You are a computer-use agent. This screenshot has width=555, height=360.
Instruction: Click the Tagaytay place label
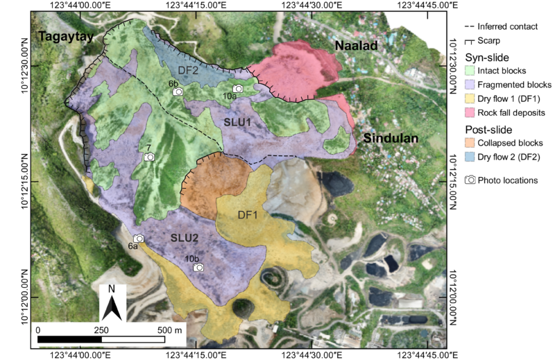[65, 37]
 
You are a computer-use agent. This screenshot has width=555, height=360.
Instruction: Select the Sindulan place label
[391, 138]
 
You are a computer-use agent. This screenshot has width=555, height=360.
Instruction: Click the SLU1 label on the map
[237, 121]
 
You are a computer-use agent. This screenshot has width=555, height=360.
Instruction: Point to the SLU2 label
[185, 238]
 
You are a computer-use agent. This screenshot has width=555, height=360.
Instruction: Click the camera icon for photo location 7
[148, 157]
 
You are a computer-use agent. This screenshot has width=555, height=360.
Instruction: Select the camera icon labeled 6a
[138, 239]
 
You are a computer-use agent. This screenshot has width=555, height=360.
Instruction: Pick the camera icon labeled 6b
[178, 92]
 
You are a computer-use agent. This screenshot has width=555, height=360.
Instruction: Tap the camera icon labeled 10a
[238, 89]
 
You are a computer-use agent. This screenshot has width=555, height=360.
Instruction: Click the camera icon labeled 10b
[198, 268]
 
